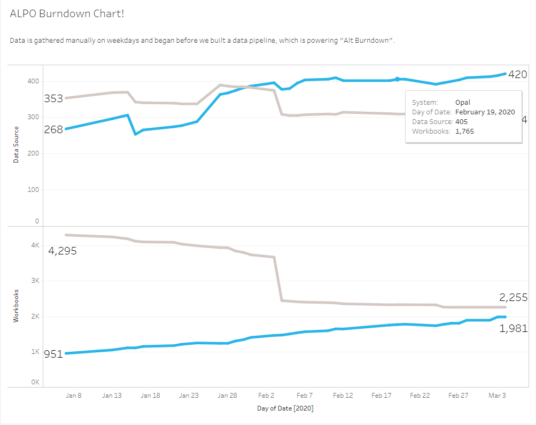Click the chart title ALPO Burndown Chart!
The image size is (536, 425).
coord(67,13)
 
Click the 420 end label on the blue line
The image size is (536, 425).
coord(517,74)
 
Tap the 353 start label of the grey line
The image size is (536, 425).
coord(53,98)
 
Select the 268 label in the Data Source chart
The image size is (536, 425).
coord(53,129)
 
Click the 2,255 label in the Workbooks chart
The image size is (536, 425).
coord(514,298)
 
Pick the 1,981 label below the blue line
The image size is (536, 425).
coord(514,329)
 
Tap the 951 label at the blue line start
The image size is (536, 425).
coord(53,354)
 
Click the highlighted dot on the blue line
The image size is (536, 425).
coord(397,79)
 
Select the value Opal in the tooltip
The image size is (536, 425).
coord(463,102)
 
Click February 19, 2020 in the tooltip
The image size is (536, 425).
coord(485,112)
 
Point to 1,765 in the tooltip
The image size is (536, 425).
coord(464,131)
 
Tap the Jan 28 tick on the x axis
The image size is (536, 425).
coord(227,396)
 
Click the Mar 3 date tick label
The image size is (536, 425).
coord(497,396)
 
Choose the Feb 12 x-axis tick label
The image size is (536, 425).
coord(343,396)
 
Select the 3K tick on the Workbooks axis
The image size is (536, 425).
coord(35,281)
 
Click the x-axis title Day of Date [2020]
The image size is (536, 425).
coord(285,408)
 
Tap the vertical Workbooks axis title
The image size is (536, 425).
coord(16,305)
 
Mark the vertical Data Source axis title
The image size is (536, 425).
coord(16,144)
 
